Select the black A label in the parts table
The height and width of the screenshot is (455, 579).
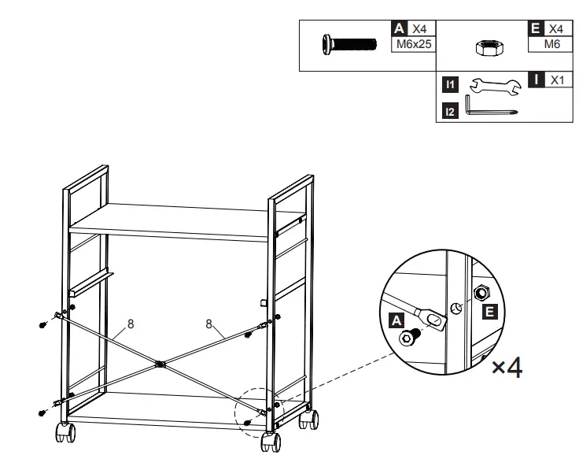point(399,28)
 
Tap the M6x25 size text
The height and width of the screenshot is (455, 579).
point(414,44)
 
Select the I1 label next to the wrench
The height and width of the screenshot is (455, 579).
point(449,83)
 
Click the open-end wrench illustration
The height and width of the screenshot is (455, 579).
point(495,84)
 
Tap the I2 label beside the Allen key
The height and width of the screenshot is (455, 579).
point(449,112)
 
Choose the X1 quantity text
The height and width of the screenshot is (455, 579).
point(557,80)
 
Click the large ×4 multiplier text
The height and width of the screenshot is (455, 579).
point(507,367)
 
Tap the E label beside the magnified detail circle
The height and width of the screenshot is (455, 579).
point(489,312)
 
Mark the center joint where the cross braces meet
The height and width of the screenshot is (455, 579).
point(160,364)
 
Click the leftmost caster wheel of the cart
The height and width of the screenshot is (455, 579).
point(62,431)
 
